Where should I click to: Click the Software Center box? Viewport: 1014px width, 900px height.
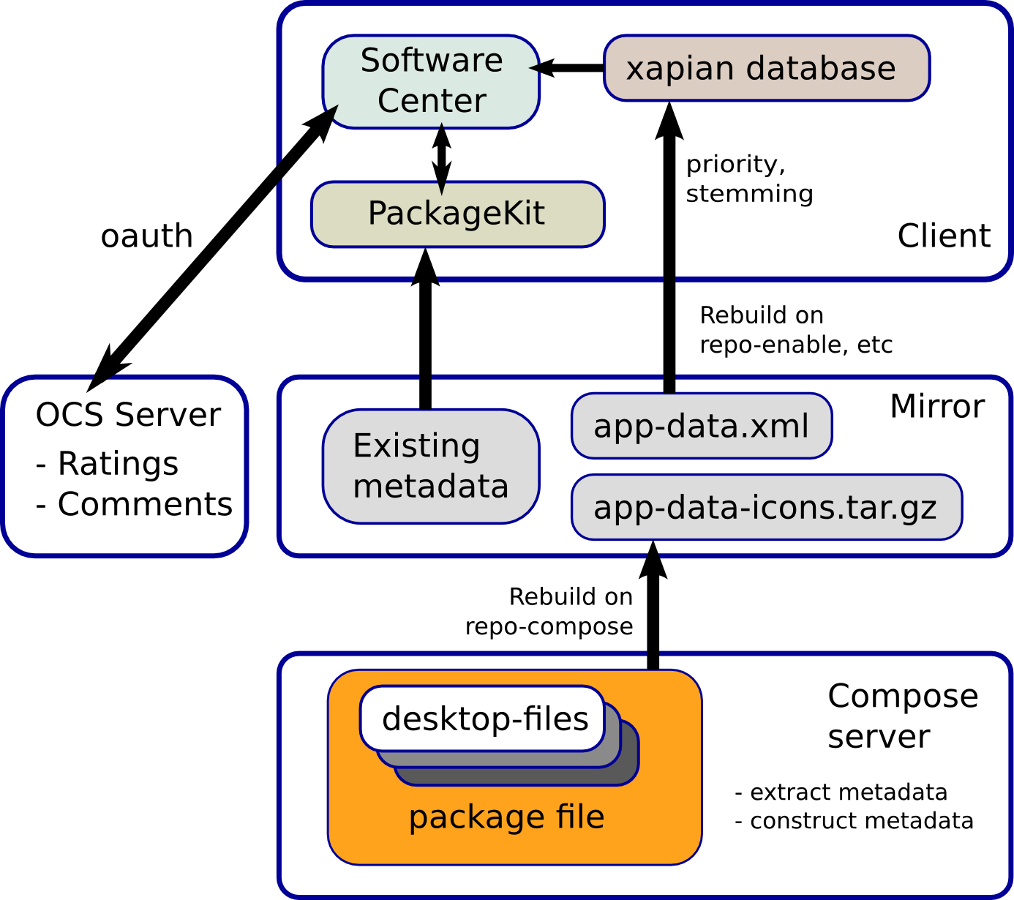(431, 81)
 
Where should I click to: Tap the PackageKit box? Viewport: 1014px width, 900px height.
(457, 214)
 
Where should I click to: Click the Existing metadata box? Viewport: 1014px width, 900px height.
(431, 466)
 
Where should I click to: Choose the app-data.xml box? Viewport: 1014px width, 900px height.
(701, 426)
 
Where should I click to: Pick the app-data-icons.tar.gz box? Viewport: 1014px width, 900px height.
(766, 507)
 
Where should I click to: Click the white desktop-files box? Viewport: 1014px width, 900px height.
(483, 719)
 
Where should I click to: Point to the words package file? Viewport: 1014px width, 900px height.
(506, 817)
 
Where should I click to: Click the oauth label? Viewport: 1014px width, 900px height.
(146, 236)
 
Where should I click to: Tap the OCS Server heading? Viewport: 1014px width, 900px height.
(128, 415)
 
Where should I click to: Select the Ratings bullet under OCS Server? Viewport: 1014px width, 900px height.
(108, 463)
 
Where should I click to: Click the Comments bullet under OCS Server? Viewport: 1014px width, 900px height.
(135, 504)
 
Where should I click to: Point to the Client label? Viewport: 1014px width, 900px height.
(944, 236)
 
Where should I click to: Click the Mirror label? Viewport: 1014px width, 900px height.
(936, 406)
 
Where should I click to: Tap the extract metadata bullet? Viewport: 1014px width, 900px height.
(841, 792)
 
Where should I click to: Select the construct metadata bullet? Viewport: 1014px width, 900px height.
(854, 821)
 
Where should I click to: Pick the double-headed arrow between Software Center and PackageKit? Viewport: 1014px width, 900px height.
(440, 155)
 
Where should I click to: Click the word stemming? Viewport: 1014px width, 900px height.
(749, 194)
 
